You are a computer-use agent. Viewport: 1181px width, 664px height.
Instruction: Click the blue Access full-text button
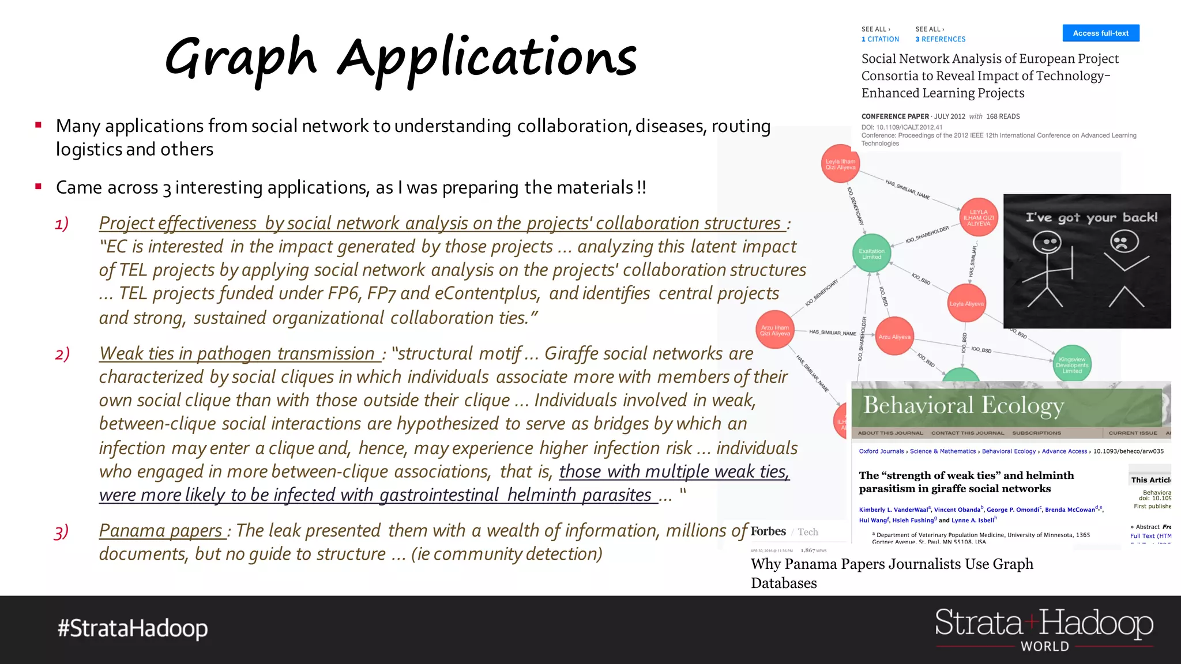(x=1100, y=33)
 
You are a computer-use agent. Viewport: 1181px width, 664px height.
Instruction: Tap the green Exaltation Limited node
(x=871, y=254)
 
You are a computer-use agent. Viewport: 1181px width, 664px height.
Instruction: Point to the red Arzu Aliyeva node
(x=894, y=337)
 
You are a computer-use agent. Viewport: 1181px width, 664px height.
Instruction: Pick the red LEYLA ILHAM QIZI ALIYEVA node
(x=979, y=218)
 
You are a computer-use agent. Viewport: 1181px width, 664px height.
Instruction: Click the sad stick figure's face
(x=1124, y=242)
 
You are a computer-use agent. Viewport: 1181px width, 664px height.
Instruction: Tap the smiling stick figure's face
(x=1047, y=243)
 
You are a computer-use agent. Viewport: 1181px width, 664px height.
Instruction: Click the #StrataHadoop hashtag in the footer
(x=133, y=628)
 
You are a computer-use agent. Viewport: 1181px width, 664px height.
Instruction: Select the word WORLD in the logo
(x=1044, y=647)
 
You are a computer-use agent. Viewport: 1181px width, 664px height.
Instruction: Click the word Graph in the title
(x=240, y=58)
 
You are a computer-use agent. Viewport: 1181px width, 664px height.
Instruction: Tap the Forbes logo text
(x=768, y=531)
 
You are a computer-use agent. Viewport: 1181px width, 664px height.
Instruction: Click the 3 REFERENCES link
(x=940, y=39)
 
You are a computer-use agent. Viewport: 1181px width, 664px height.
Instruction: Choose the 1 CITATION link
(x=880, y=39)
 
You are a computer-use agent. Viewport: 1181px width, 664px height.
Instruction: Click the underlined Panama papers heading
(x=161, y=530)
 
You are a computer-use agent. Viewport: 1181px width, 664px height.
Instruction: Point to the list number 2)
(x=62, y=353)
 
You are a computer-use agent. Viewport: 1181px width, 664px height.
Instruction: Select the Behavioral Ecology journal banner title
(x=963, y=405)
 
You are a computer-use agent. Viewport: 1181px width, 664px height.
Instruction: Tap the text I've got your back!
(x=1091, y=217)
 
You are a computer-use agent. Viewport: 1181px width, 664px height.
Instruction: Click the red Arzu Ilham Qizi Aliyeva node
(x=774, y=330)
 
